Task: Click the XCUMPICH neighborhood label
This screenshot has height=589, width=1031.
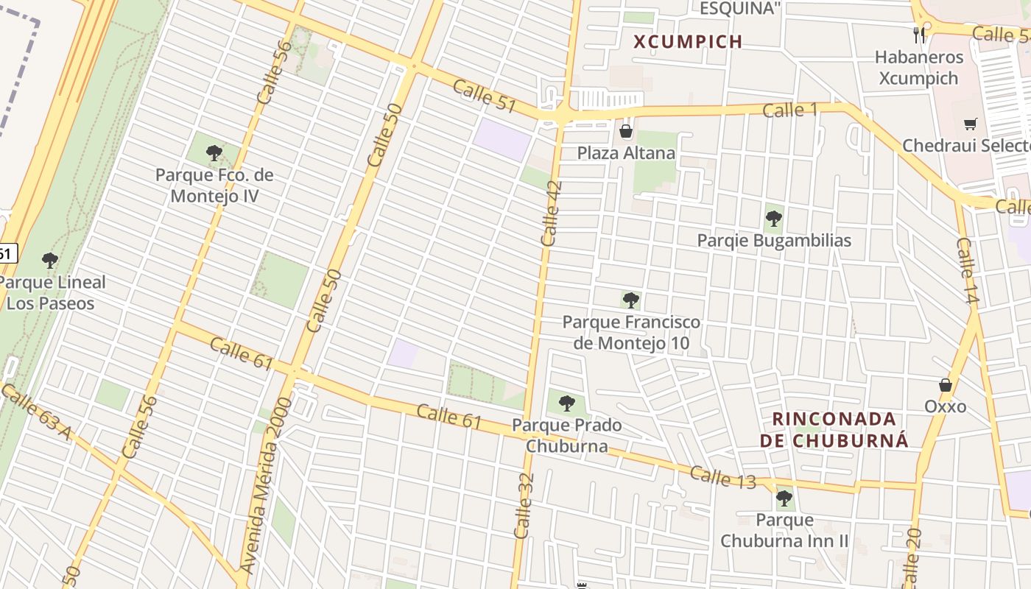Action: click(689, 42)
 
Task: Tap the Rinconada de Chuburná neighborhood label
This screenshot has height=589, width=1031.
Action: click(834, 430)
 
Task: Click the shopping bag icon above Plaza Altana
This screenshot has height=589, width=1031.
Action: click(626, 132)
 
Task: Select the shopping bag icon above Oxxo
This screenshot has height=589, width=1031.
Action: click(946, 385)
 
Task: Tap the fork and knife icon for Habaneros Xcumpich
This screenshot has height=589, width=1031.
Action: click(918, 35)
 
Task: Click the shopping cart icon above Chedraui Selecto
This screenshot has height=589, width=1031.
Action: click(970, 124)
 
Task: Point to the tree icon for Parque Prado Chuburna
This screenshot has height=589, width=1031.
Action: click(566, 403)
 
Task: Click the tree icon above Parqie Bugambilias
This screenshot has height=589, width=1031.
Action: click(773, 219)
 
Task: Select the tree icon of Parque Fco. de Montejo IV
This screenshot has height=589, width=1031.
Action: click(214, 153)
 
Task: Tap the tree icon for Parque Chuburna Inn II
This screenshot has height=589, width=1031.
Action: click(784, 498)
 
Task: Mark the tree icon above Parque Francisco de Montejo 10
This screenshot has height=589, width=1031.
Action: click(630, 300)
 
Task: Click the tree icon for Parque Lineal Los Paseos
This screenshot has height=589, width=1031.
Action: click(49, 261)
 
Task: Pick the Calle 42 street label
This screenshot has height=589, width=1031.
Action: click(551, 213)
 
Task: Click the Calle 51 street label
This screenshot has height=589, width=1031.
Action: click(484, 96)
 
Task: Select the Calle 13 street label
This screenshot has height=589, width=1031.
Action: click(722, 478)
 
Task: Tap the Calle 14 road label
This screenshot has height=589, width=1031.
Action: click(967, 271)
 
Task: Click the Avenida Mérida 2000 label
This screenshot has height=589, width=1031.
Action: click(266, 485)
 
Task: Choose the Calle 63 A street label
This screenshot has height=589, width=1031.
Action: click(35, 412)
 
